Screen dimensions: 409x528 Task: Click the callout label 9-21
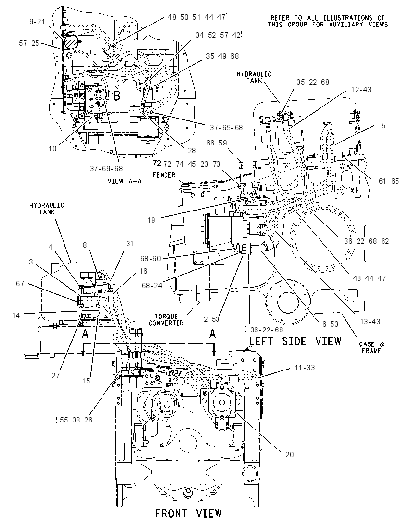tap(37, 22)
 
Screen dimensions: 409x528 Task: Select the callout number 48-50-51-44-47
tap(196, 17)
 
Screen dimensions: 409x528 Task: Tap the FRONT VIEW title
tap(188, 514)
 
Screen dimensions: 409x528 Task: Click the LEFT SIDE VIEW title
tap(295, 341)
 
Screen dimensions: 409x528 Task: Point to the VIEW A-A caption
tap(125, 181)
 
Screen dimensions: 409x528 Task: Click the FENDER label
tap(164, 175)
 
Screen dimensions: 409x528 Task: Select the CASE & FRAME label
tap(371, 347)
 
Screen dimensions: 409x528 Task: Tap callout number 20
tap(289, 455)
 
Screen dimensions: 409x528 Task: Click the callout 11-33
tap(305, 368)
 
